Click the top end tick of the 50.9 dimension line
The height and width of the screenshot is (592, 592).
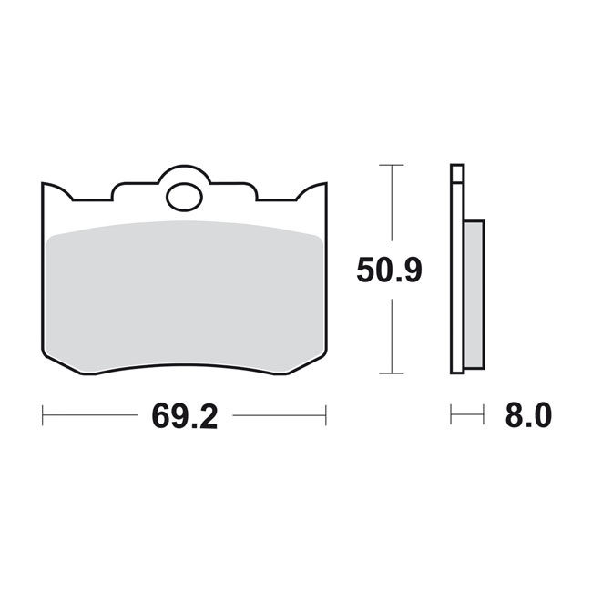pyautogui.click(x=391, y=165)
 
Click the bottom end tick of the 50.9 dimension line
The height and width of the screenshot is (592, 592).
pyautogui.click(x=391, y=373)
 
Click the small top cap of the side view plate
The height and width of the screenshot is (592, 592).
pyautogui.click(x=457, y=168)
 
